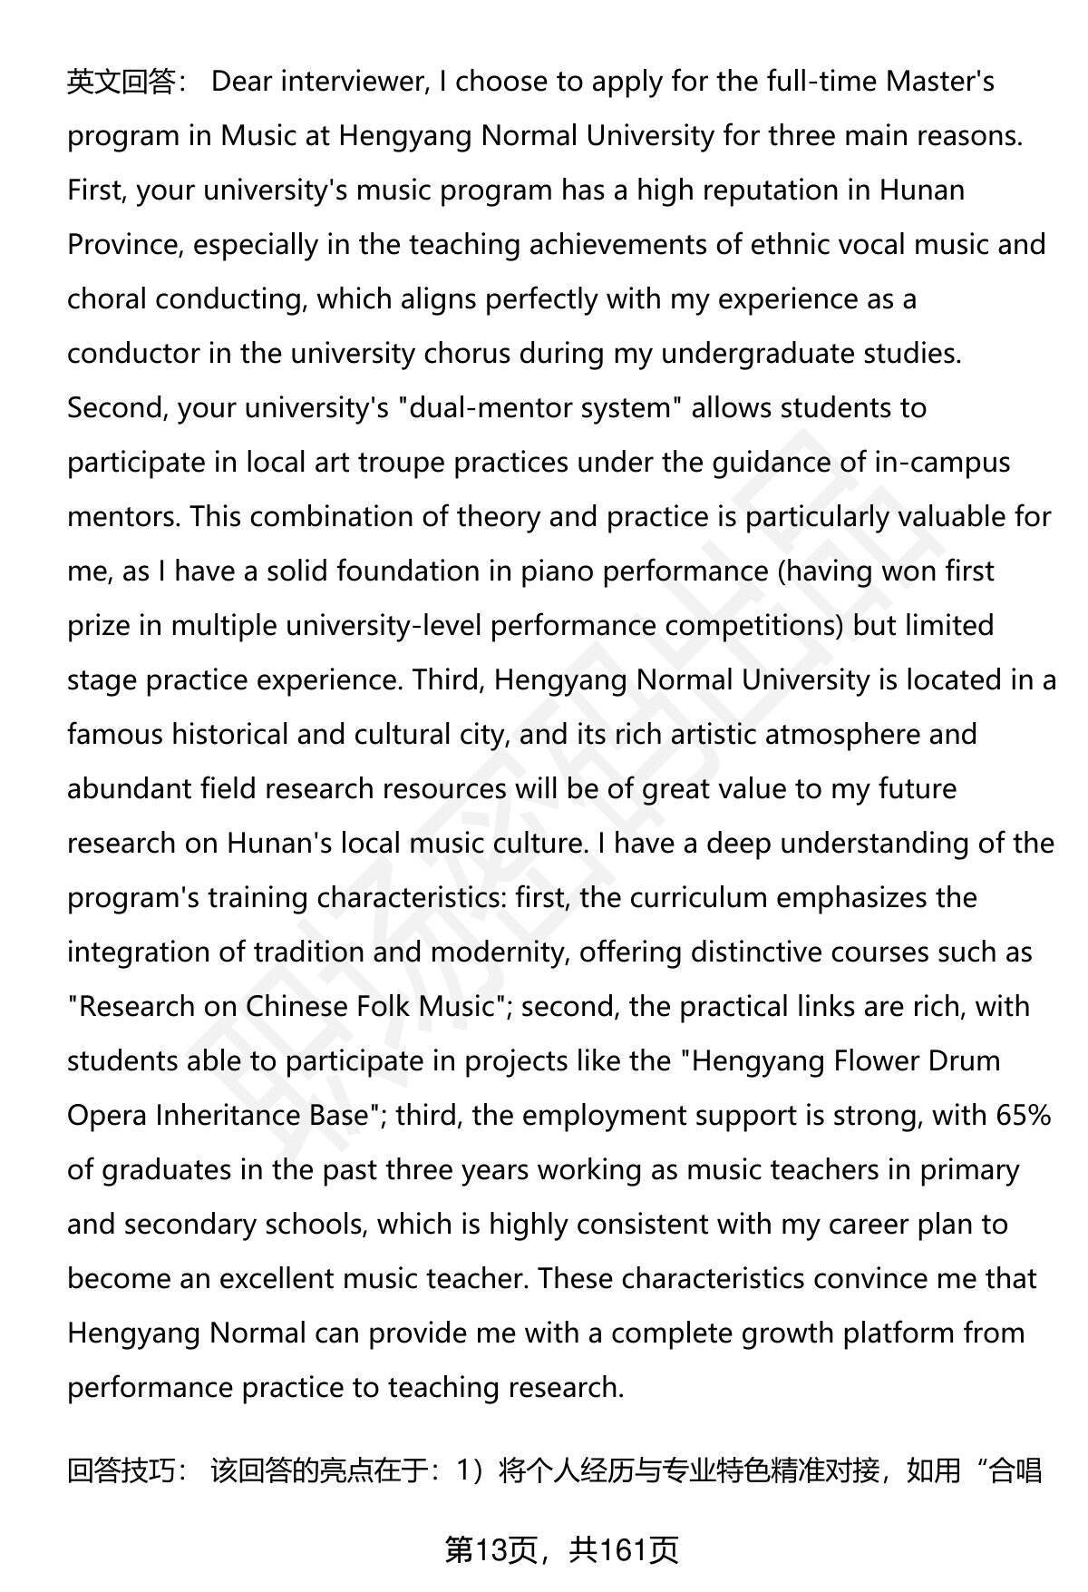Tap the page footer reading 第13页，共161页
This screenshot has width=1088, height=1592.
[561, 1550]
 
